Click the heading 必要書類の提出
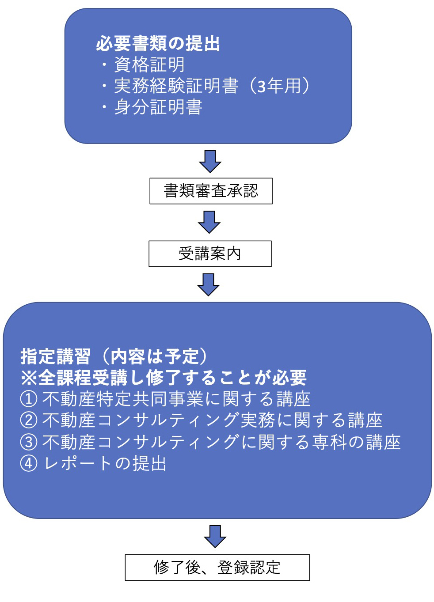click(158, 44)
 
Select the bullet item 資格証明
click(149, 65)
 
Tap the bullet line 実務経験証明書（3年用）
click(212, 86)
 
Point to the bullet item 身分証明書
click(158, 107)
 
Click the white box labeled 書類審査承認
click(211, 191)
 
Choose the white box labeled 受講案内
click(210, 254)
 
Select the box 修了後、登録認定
click(217, 568)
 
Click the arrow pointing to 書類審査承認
click(210, 161)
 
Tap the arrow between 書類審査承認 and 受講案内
click(209, 222)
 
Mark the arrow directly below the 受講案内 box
click(209, 285)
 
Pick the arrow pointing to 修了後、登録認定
click(215, 537)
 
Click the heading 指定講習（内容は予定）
click(114, 356)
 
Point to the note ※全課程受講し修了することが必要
click(164, 378)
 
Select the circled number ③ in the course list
click(28, 442)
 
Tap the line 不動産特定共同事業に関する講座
click(176, 399)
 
